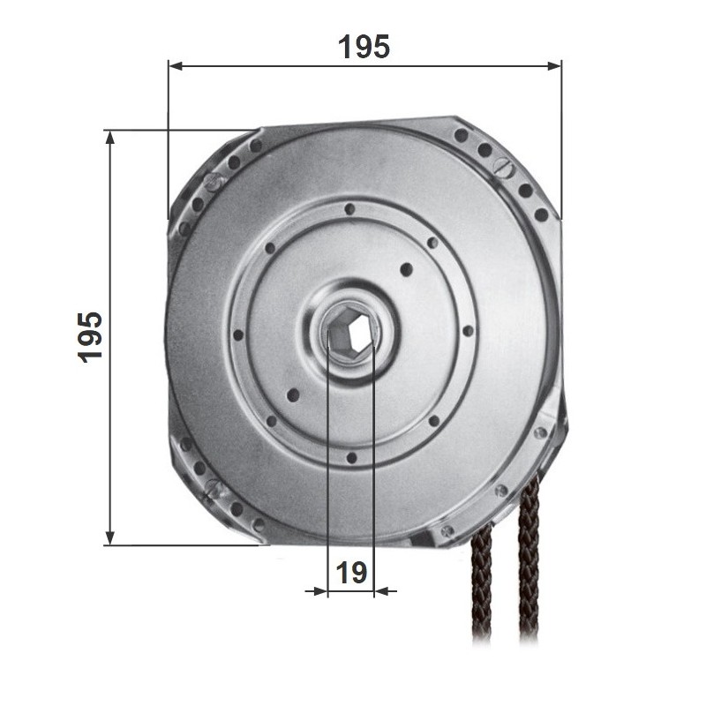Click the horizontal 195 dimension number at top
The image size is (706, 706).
click(x=364, y=47)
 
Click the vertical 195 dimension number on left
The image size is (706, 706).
click(x=91, y=337)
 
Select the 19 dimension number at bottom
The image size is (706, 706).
click(x=351, y=573)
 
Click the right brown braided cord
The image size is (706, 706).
click(x=529, y=559)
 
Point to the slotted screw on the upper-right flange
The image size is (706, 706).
click(x=502, y=167)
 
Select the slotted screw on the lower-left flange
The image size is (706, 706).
click(x=214, y=488)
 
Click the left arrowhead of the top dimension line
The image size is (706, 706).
click(x=176, y=66)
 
